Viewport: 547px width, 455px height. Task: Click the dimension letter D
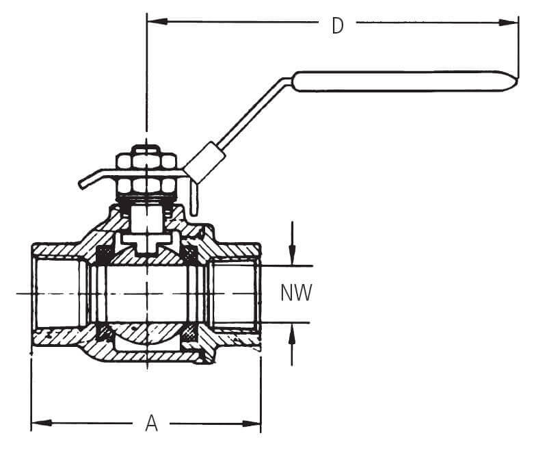(x=337, y=25)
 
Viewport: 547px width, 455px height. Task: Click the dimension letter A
(x=151, y=423)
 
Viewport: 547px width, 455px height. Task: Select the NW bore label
(x=296, y=293)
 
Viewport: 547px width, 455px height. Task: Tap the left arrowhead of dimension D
(x=157, y=21)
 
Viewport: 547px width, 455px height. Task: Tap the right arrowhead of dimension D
(x=509, y=23)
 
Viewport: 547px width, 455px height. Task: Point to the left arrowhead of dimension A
(x=42, y=424)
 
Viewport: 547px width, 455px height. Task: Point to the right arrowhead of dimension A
(x=252, y=424)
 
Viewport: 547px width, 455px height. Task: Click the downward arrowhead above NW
(x=292, y=255)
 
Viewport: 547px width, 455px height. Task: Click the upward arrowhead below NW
(x=292, y=333)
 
